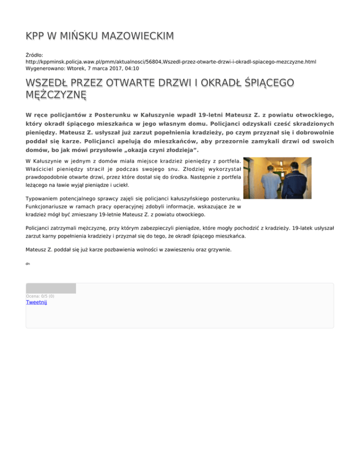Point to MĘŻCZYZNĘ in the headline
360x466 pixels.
(57, 95)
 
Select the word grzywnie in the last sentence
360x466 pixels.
(218, 250)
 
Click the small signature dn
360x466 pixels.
(28, 264)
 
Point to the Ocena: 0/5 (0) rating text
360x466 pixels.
(40, 296)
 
